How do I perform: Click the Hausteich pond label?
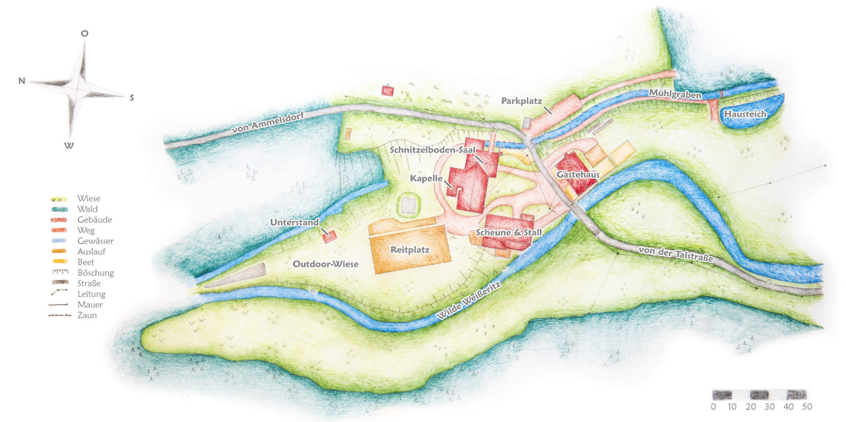(x=744, y=114)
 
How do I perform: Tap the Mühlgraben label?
(x=675, y=94)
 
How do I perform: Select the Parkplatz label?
(x=521, y=100)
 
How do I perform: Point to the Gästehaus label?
(x=578, y=174)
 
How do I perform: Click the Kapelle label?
(x=426, y=178)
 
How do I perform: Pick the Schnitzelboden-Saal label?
(x=433, y=150)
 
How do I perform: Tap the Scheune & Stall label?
(x=509, y=232)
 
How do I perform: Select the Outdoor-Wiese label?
(x=326, y=264)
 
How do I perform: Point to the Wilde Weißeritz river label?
(x=468, y=301)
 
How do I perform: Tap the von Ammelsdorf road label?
(x=268, y=123)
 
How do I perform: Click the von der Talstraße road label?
(x=676, y=254)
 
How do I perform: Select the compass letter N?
(x=22, y=81)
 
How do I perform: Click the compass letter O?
(x=84, y=33)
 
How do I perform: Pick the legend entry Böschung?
(x=95, y=273)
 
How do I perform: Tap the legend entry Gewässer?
(x=95, y=241)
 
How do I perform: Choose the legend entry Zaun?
(x=87, y=315)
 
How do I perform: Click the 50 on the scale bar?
(x=807, y=407)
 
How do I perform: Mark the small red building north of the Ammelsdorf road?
(x=388, y=91)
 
